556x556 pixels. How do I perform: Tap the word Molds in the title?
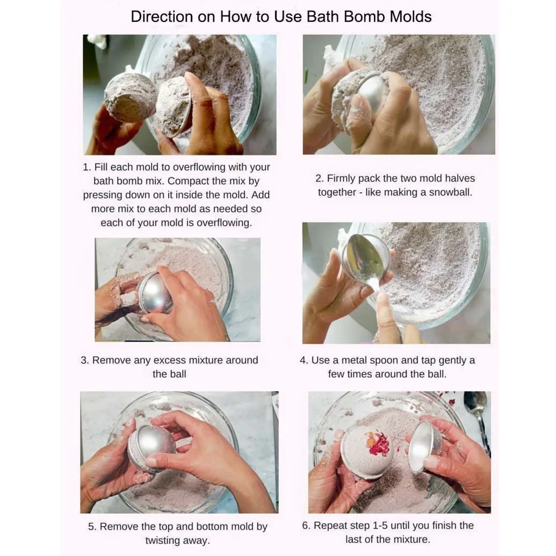pos(411,16)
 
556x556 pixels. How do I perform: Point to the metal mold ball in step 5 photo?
pos(152,449)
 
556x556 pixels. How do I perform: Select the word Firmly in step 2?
pos(341,178)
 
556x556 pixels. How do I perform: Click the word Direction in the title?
pos(162,16)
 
